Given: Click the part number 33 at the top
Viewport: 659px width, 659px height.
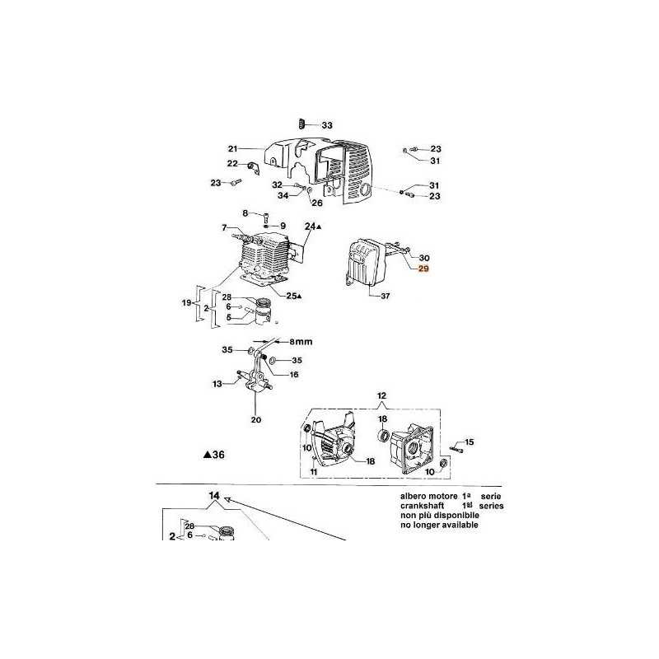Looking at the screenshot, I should (x=327, y=125).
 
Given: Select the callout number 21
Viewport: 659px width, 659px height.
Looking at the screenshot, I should (x=232, y=149).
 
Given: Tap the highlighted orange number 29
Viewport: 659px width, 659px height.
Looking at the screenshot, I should (x=424, y=269).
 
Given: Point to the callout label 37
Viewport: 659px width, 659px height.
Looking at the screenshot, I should (x=386, y=296).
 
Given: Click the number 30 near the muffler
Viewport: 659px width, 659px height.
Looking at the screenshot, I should (x=424, y=257).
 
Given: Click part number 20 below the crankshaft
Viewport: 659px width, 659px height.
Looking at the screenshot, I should (x=255, y=419).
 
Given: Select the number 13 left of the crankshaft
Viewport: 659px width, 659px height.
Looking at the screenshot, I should (x=217, y=383).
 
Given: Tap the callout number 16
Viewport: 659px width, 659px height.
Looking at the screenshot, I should (x=293, y=373).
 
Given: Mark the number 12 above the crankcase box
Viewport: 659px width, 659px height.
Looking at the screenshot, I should (x=381, y=396).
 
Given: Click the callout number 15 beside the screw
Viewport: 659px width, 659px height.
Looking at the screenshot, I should (x=470, y=443).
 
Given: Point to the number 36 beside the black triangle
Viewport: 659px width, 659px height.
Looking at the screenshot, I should (x=217, y=454).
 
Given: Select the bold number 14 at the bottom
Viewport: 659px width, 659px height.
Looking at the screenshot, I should (x=214, y=496).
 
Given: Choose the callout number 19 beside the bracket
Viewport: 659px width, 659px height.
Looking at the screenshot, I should (x=187, y=304).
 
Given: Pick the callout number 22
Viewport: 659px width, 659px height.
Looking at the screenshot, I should (x=232, y=164).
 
